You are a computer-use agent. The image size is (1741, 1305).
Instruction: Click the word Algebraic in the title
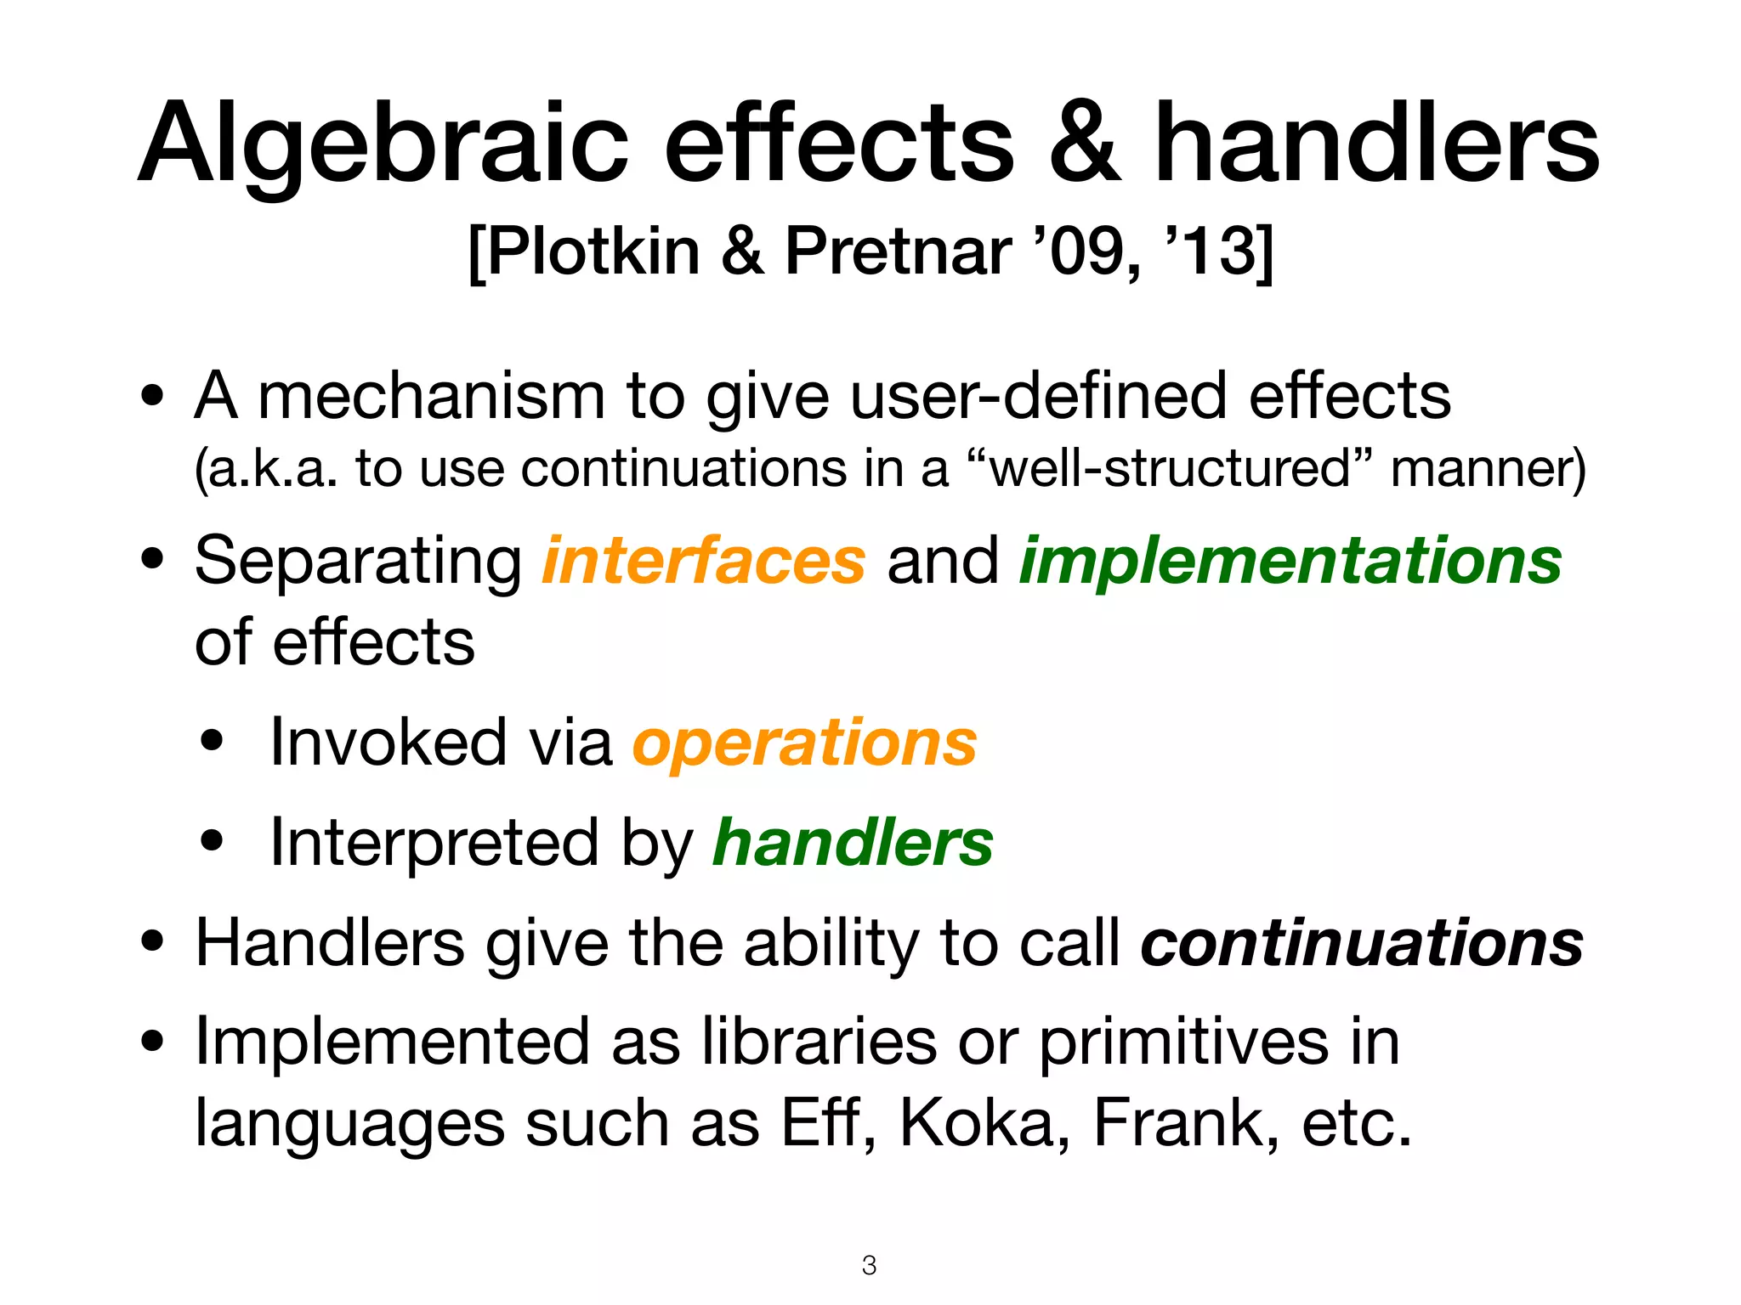383,144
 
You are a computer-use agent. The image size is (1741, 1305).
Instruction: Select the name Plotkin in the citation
593,251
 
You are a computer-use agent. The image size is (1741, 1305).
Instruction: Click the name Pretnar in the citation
897,251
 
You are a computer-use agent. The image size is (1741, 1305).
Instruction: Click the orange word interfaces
704,562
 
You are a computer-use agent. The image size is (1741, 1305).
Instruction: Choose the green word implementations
1290,562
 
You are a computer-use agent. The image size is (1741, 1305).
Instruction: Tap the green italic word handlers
853,844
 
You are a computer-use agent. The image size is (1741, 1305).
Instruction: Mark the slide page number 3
869,1265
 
